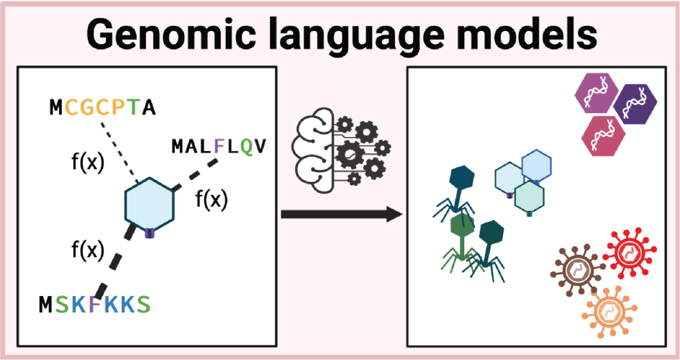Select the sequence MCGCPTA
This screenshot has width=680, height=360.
pyautogui.click(x=102, y=107)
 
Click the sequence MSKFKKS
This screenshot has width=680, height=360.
pyautogui.click(x=95, y=305)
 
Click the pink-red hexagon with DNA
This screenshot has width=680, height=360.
pyautogui.click(x=604, y=135)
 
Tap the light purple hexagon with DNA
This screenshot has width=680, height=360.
pyautogui.click(x=597, y=94)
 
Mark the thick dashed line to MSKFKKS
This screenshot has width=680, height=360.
pyautogui.click(x=114, y=262)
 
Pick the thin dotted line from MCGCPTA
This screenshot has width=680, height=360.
pyautogui.click(x=119, y=153)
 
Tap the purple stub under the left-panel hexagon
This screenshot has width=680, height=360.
pyautogui.click(x=149, y=233)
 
